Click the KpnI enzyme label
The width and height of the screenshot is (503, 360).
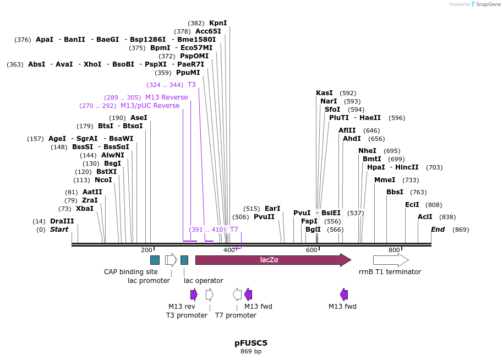pos(218,23)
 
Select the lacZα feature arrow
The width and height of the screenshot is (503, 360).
pos(272,260)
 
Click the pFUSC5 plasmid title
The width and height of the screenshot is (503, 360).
pos(251,343)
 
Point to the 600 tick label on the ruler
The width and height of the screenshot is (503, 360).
pos(311,250)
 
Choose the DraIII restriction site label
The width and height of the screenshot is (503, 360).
pos(62,221)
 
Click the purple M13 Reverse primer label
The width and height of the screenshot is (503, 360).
pos(166,97)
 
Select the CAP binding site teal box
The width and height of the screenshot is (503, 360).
pos(155,260)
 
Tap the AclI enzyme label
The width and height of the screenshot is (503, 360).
pos(425,217)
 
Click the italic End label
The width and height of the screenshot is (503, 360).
pos(438,230)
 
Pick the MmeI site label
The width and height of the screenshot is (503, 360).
pos(385,180)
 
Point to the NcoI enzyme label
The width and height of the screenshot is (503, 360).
pos(103,180)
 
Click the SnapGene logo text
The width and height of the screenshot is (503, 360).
pos(487,4)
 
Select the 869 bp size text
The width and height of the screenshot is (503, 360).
pos(251,352)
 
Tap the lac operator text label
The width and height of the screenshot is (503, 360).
pos(204,281)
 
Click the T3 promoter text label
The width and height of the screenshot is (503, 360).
pos(187,315)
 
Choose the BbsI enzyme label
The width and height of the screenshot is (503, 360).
pos(395,192)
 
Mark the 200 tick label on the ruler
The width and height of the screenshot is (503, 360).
pos(146,250)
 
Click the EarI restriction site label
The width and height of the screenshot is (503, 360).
pos(272,209)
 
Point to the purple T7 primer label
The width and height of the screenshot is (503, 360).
pos(234,230)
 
